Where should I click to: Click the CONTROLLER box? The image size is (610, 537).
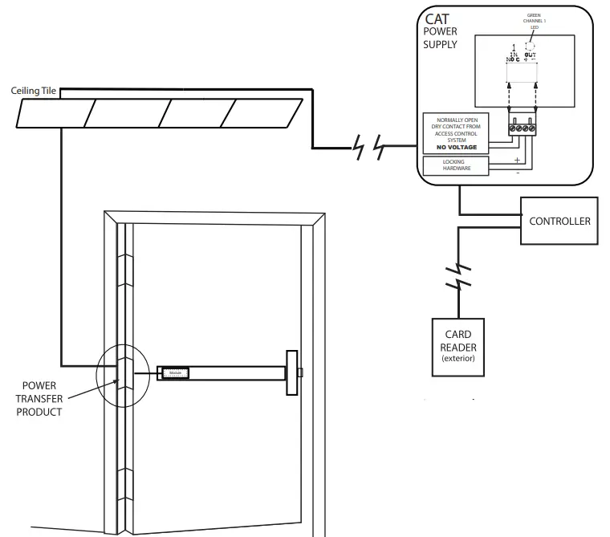pos(559,221)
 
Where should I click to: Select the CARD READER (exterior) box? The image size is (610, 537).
pos(458,346)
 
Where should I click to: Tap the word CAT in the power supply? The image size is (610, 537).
pos(437,18)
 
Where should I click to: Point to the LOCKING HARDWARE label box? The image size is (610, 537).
pos(454,166)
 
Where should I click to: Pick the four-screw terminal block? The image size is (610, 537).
pos(521,126)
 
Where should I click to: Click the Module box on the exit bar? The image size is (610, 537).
pos(174,372)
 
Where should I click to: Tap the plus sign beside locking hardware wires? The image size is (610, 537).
pos(517,160)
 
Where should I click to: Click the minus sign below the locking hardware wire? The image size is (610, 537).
pos(517,172)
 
